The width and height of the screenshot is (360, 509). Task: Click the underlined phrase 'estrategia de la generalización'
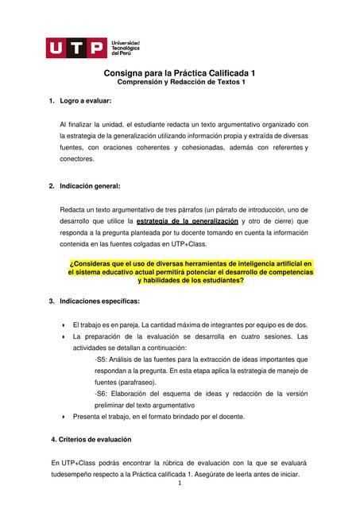click(188, 220)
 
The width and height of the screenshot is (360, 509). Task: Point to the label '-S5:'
click(102, 359)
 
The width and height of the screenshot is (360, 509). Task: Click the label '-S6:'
click(102, 394)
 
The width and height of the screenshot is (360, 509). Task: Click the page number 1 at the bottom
click(180, 483)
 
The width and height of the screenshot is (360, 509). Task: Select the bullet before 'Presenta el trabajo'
click(63, 417)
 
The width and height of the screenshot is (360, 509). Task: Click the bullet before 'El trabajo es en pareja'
click(63, 325)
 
